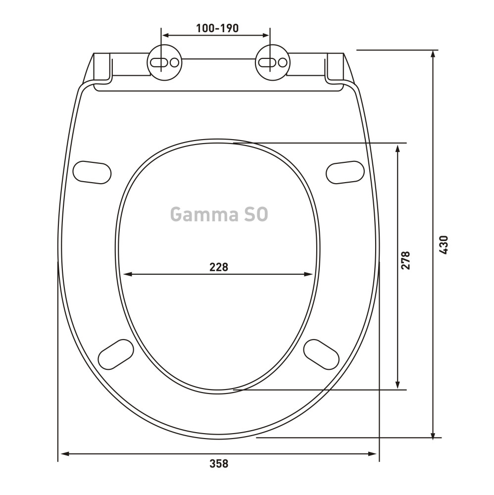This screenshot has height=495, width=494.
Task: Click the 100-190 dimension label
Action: [217, 28]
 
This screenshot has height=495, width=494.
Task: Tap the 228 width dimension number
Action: [219, 267]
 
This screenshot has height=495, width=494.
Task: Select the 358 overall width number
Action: [219, 464]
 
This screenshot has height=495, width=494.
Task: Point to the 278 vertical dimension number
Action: [405, 260]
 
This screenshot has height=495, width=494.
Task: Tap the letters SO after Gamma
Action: [256, 214]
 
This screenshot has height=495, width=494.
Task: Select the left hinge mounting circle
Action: [164, 62]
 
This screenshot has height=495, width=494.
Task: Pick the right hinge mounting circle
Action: [273, 62]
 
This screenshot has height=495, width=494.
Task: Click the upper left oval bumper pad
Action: [92, 172]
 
